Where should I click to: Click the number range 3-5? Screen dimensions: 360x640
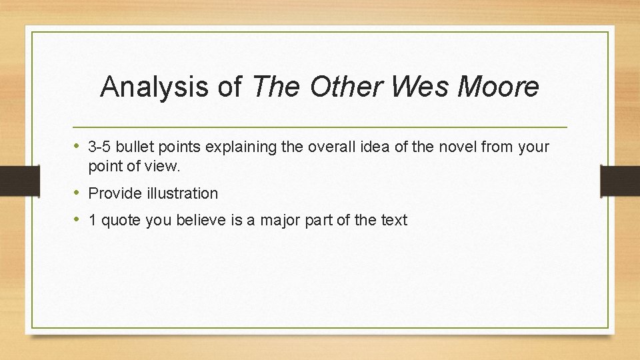(x=100, y=147)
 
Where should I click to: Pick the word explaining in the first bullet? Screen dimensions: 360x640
(x=245, y=147)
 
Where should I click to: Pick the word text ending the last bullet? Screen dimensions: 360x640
(x=393, y=221)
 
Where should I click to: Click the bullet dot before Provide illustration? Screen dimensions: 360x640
(x=77, y=193)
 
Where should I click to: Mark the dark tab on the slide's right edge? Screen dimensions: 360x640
(x=621, y=180)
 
